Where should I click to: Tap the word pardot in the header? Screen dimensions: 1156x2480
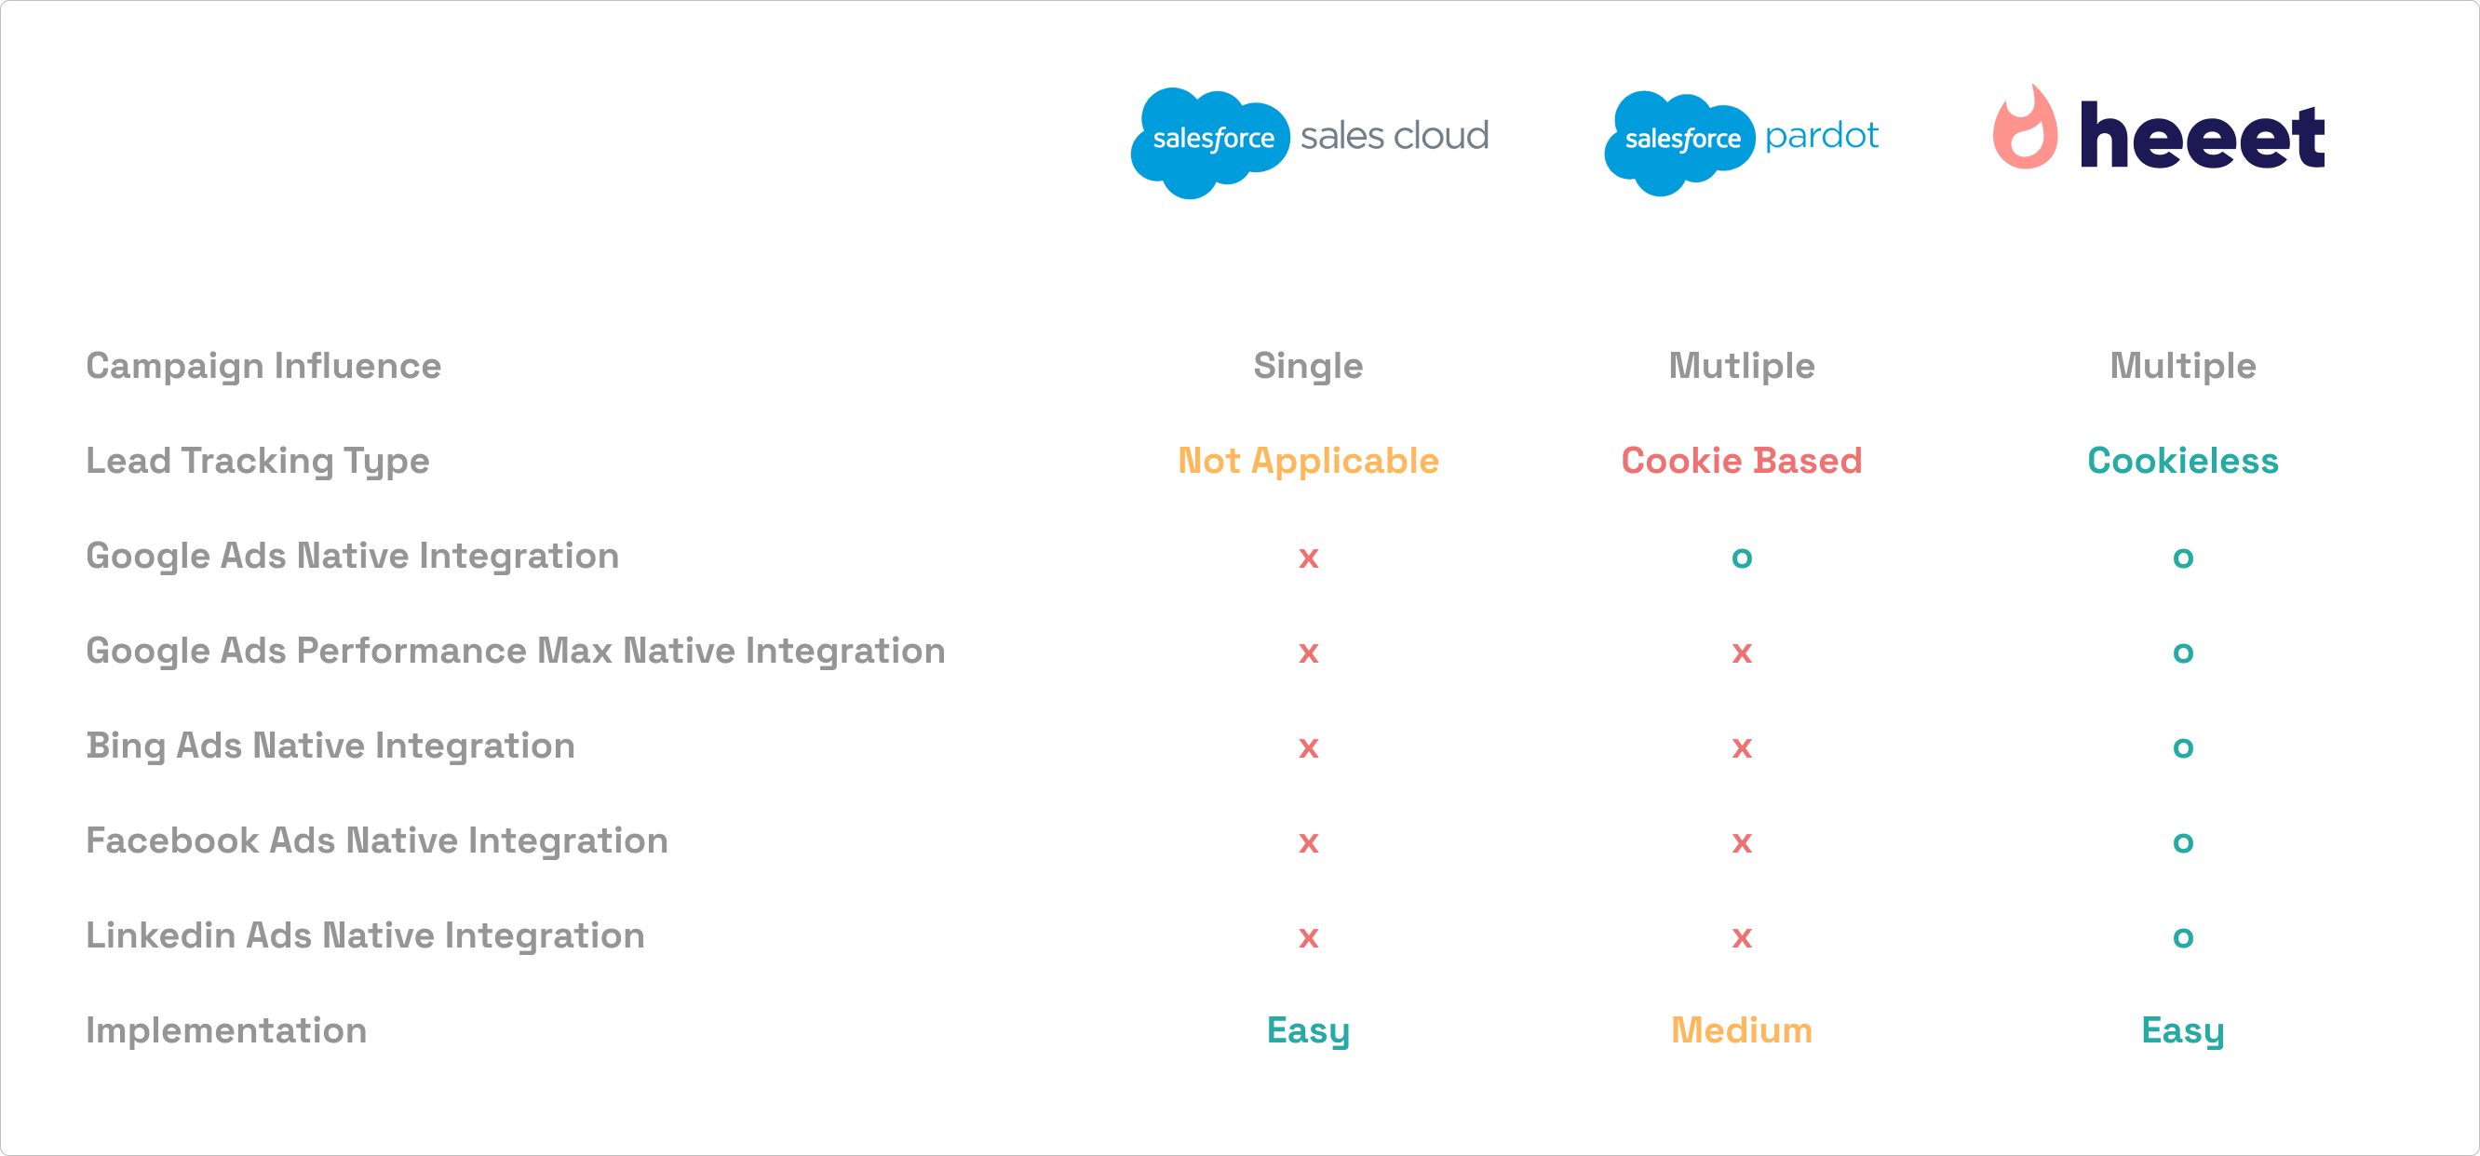(1821, 136)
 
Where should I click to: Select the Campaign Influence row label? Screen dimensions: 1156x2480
(263, 366)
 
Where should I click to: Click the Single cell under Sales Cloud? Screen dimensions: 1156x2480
(1307, 366)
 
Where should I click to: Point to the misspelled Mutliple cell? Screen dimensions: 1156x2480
(1741, 366)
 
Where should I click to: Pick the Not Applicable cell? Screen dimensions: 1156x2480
(1307, 461)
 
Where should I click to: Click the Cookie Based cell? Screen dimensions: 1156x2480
(1741, 461)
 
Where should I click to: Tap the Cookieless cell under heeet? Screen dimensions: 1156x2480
(2181, 461)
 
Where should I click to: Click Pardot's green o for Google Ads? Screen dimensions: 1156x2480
(1741, 558)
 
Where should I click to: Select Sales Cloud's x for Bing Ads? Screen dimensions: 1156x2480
(1307, 746)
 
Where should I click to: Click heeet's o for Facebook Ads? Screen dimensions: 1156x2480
(2181, 842)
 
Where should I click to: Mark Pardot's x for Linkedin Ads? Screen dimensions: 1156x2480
(1741, 936)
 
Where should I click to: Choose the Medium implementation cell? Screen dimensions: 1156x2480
(1741, 1030)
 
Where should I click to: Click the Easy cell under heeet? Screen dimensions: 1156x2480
(2181, 1030)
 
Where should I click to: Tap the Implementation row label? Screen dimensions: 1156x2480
(226, 1030)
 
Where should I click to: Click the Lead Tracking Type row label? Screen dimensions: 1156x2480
(257, 461)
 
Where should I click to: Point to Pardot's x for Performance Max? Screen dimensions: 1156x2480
(1741, 652)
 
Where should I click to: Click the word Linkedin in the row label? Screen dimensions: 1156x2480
(159, 935)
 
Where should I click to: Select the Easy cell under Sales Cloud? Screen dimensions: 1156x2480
(1307, 1030)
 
